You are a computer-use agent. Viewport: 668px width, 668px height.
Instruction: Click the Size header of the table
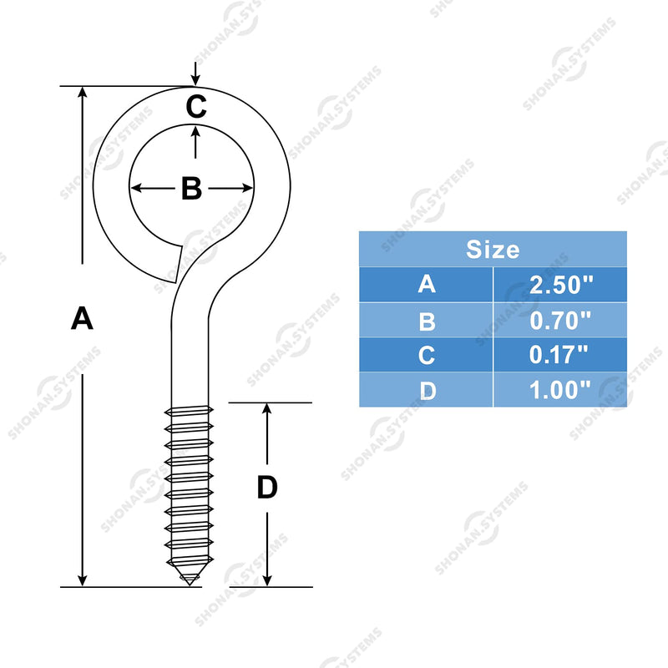tap(493, 250)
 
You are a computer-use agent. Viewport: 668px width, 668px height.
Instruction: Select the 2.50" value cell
tap(560, 285)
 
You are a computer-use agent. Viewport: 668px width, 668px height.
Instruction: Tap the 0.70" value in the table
tap(560, 321)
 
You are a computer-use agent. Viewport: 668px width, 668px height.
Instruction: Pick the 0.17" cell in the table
tap(559, 355)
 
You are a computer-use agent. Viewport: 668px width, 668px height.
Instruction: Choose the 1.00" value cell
tap(559, 390)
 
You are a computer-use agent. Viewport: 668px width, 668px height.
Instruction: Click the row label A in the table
tap(427, 284)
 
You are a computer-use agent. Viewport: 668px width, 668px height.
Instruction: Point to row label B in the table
tap(427, 321)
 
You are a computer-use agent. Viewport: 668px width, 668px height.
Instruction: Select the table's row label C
tap(427, 355)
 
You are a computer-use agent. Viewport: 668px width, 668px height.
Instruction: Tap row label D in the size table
tap(428, 391)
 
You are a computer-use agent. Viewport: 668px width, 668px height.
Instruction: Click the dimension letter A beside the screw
tap(82, 318)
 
